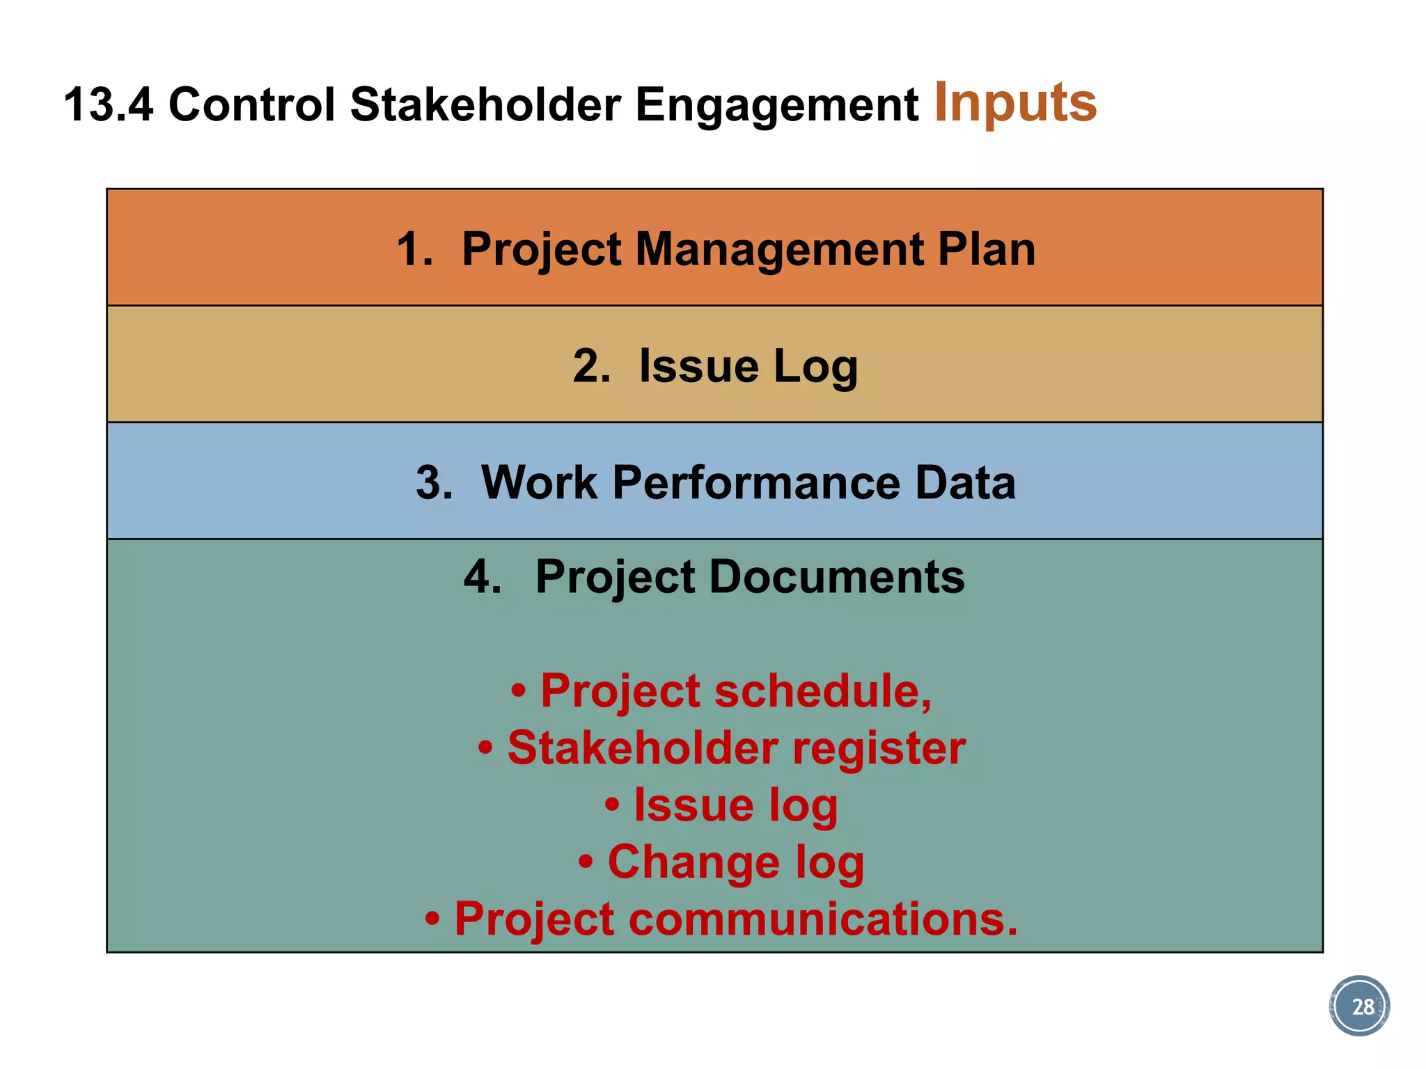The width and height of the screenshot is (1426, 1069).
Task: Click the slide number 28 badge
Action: click(x=1358, y=1006)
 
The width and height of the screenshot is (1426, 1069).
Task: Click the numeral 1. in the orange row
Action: click(x=415, y=249)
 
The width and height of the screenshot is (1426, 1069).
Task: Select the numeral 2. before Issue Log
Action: click(x=591, y=366)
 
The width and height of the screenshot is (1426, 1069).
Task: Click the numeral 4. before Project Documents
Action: click(x=483, y=577)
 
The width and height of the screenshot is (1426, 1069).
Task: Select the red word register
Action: click(x=879, y=749)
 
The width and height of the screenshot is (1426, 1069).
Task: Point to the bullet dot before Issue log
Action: click(x=612, y=805)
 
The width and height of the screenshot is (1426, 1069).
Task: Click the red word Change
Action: click(x=694, y=862)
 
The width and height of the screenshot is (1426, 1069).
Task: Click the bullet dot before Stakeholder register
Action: click(x=486, y=749)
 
